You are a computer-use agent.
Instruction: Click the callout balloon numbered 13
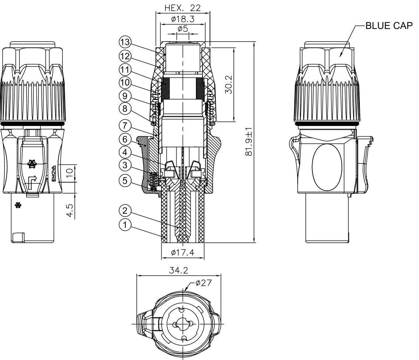[x=125, y=42]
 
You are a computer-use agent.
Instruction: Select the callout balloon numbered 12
[x=125, y=56]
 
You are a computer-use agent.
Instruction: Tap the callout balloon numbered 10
[x=125, y=82]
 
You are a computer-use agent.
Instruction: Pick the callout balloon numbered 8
[x=125, y=109]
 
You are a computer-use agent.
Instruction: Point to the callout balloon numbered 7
[x=125, y=126]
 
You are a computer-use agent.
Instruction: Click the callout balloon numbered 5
[x=125, y=180]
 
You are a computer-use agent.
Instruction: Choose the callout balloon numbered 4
[x=125, y=152]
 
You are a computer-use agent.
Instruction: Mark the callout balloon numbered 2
[x=125, y=210]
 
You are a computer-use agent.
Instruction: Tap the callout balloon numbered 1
[x=125, y=225]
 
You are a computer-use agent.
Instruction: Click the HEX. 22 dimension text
[x=183, y=8]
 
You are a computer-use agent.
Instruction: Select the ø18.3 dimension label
[x=183, y=19]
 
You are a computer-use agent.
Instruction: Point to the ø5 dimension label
[x=183, y=28]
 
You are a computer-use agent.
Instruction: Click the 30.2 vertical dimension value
[x=228, y=85]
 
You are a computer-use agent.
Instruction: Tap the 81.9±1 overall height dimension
[x=249, y=142]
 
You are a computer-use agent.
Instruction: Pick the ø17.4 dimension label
[x=183, y=252]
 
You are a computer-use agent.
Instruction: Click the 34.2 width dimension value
[x=179, y=270]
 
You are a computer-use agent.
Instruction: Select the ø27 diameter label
[x=203, y=283]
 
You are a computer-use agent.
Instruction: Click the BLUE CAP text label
[x=389, y=26]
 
